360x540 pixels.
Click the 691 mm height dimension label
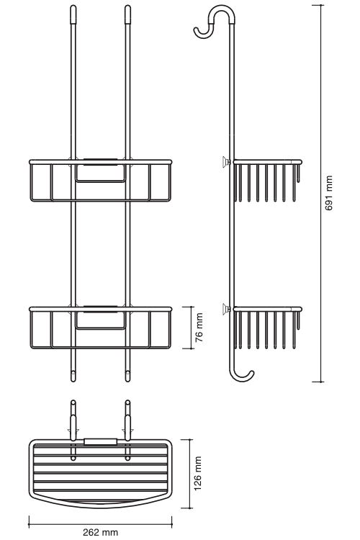329,193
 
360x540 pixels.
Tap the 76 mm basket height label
199,327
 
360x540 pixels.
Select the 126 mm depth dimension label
198,473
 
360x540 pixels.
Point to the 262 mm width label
100,532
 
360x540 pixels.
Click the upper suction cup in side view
226,161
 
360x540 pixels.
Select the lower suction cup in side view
226,307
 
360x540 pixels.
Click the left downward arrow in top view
73,430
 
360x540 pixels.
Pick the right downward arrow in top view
127,430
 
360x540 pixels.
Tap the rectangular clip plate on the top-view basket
100,441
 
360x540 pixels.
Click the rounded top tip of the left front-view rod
73,6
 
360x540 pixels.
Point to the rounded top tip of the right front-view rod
128,6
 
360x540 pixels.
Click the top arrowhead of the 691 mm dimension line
318,6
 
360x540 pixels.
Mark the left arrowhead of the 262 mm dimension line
30,525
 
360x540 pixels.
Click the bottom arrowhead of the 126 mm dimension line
186,507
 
